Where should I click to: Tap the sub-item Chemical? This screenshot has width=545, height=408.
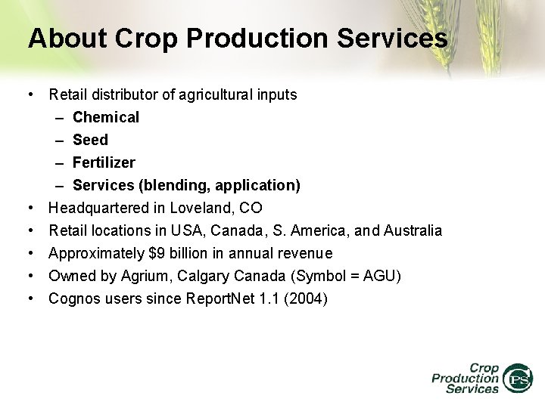(x=106, y=117)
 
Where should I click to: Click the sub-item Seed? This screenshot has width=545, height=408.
(x=90, y=140)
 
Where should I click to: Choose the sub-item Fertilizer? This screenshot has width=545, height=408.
(x=104, y=162)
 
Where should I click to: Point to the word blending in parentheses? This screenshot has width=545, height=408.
(x=160, y=185)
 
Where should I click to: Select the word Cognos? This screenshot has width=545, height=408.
(x=73, y=298)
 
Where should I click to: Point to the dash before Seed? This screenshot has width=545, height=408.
(x=60, y=140)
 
